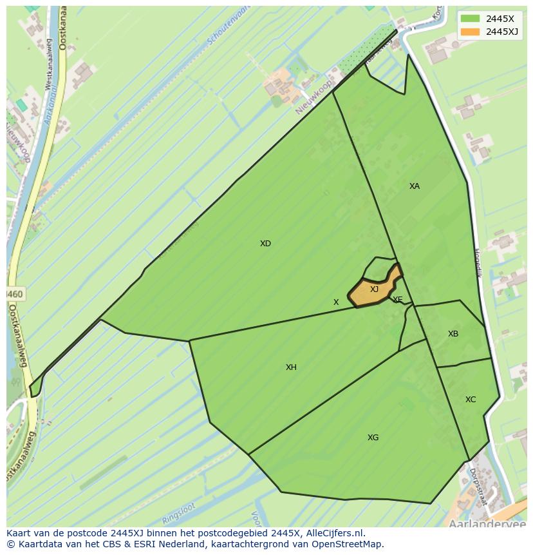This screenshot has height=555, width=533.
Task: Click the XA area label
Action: tap(415, 186)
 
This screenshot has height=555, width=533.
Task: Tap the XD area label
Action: tap(265, 244)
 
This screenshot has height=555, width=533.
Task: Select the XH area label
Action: tap(291, 367)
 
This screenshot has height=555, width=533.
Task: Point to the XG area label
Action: tap(373, 438)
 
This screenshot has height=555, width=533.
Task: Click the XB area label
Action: tap(453, 334)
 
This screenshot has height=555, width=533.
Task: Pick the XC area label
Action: tap(471, 400)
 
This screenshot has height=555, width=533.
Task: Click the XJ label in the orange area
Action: tap(374, 289)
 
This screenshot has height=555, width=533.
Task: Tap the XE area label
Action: tap(398, 300)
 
